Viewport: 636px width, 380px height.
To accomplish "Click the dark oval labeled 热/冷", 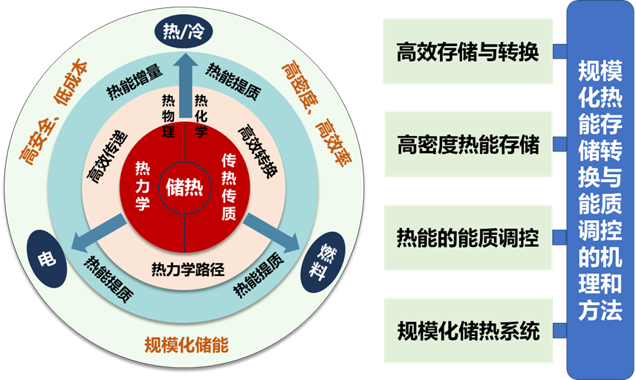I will click(x=184, y=32).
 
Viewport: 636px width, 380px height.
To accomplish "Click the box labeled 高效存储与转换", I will click(x=468, y=53).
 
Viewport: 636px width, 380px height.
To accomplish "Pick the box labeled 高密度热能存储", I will click(x=468, y=144).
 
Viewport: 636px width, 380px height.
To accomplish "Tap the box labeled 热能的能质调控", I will click(x=468, y=238).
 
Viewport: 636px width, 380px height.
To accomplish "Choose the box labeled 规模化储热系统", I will click(x=468, y=331).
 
